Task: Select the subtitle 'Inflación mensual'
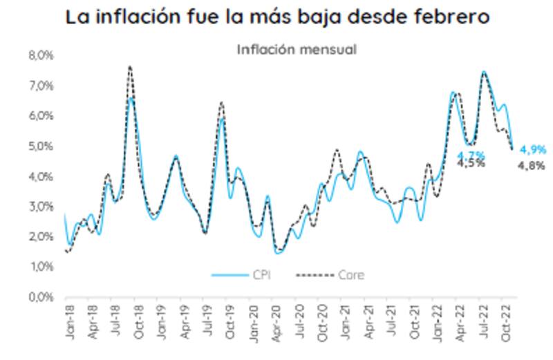click(297, 49)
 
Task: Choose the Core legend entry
click(330, 275)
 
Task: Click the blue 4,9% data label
click(533, 149)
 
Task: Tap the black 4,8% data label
click(533, 165)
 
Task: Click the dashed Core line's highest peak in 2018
click(129, 66)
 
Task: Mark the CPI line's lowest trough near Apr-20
click(278, 253)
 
